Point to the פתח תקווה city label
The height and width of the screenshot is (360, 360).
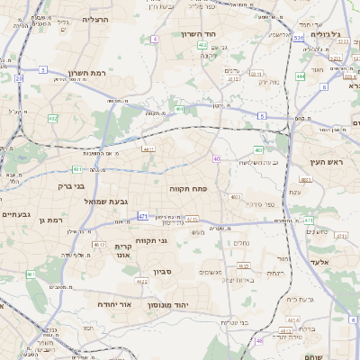click(187, 188)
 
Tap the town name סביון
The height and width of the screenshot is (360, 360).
click(162, 270)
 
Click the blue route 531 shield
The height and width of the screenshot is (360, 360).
click(297, 39)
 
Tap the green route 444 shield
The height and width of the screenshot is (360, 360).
click(300, 76)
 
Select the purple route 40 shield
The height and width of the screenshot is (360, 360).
click(217, 158)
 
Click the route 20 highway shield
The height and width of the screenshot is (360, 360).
click(18, 78)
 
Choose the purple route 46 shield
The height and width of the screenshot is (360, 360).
click(259, 340)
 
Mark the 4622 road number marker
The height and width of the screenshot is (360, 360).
click(141, 281)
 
